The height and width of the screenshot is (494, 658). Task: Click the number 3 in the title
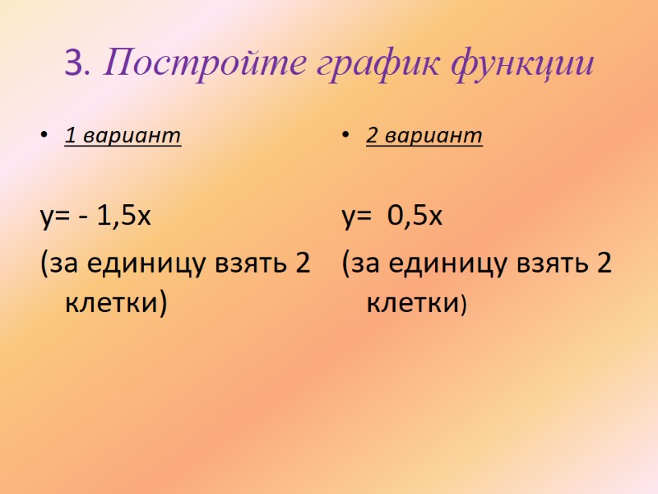pos(72,63)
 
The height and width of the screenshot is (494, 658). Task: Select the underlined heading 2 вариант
pos(424,137)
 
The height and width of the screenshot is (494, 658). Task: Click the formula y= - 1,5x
pos(95,217)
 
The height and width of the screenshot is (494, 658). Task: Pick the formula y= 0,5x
pos(393,217)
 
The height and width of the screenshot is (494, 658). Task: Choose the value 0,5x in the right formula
pos(415,217)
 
